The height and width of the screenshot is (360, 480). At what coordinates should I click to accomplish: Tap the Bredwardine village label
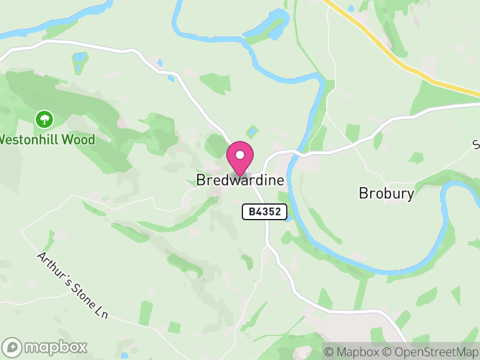tap(240, 180)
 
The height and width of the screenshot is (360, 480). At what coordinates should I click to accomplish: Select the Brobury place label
tap(386, 193)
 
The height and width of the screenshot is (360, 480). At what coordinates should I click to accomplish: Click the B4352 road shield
tap(265, 211)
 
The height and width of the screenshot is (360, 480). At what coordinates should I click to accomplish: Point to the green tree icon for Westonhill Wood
tap(44, 119)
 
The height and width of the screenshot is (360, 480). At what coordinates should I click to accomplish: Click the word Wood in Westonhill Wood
tap(80, 140)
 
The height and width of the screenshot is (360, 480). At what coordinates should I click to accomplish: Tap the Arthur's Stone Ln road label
tap(75, 284)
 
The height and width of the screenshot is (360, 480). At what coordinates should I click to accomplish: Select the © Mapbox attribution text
tap(351, 352)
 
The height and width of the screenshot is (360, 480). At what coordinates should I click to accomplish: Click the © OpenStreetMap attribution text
tap(430, 352)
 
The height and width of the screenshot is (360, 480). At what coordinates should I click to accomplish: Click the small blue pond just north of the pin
tap(253, 130)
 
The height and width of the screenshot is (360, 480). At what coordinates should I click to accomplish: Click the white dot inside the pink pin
tap(240, 155)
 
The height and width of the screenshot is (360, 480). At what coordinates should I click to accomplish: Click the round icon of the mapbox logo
tap(12, 347)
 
